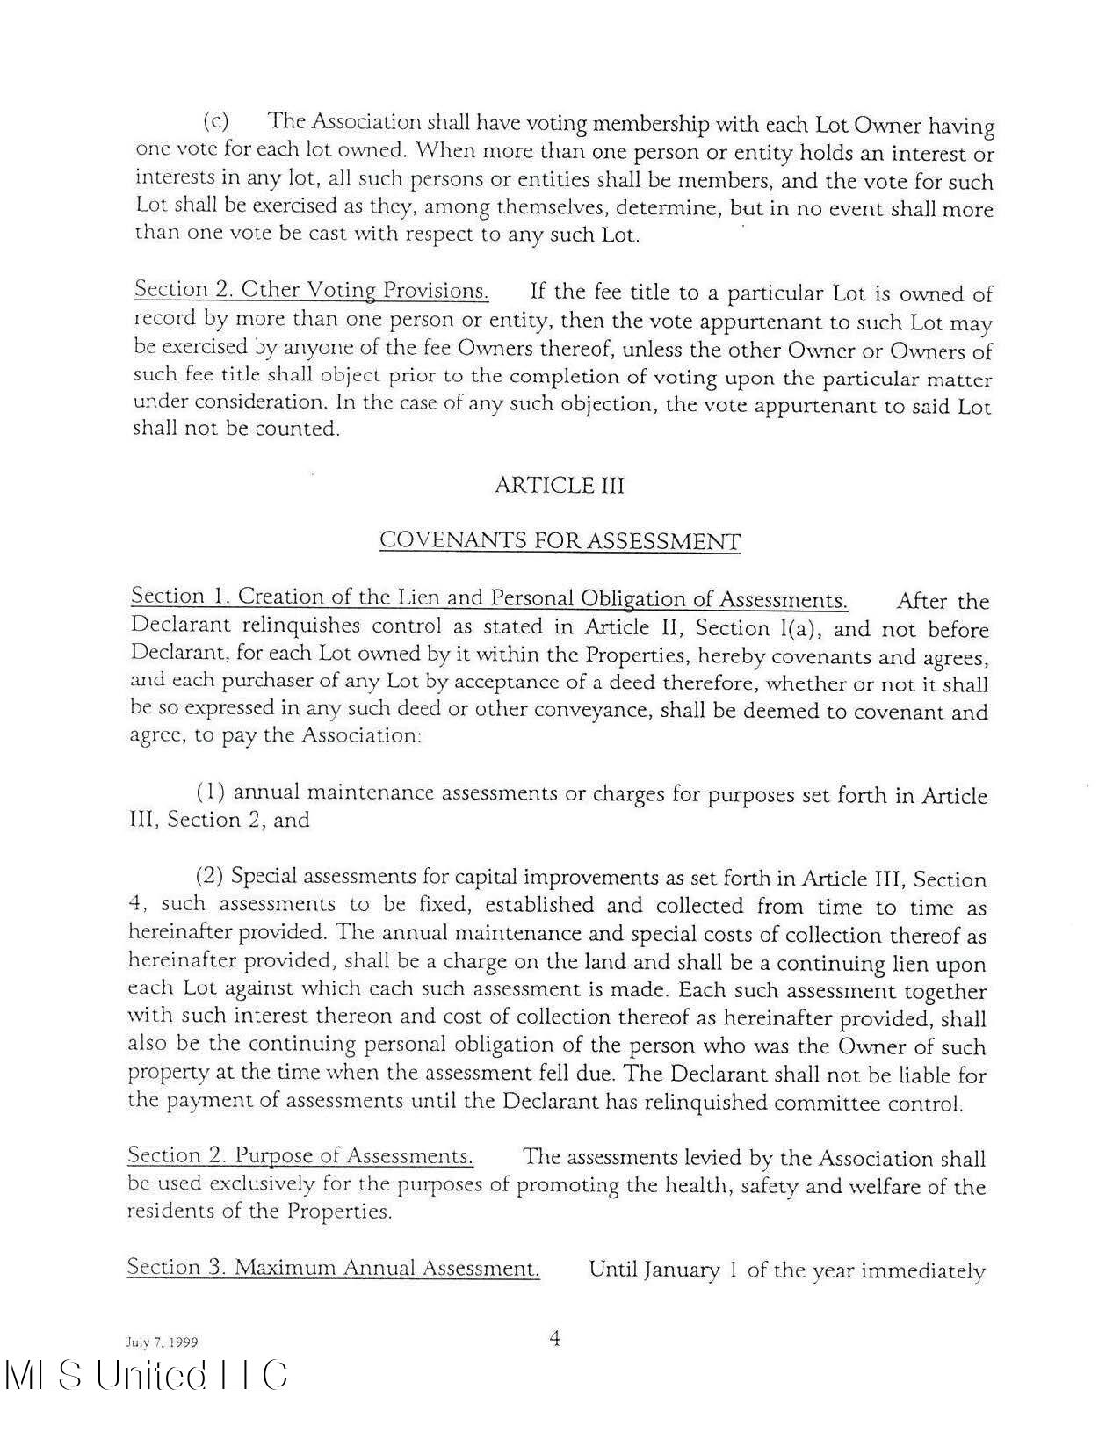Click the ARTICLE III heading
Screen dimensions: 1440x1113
(x=559, y=485)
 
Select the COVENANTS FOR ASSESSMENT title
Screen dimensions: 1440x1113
(x=560, y=540)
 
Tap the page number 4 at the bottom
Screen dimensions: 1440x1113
(x=554, y=1339)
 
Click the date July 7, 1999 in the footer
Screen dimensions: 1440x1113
(x=160, y=1342)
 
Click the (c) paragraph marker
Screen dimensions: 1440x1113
(x=216, y=120)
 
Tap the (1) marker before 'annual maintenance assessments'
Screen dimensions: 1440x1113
(x=211, y=792)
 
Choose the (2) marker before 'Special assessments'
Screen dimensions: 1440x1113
(x=210, y=876)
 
